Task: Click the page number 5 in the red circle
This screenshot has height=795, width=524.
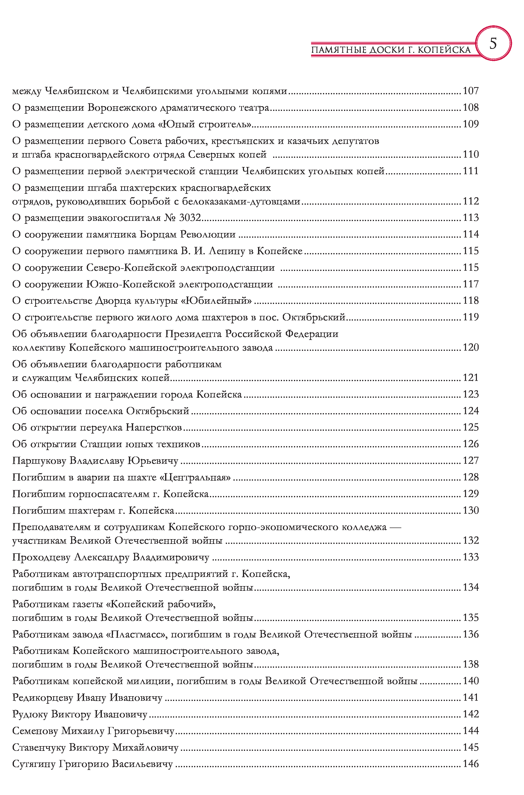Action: coord(493,43)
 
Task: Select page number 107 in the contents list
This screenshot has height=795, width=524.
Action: coord(470,91)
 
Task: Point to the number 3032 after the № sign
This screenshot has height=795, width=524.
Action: coord(190,218)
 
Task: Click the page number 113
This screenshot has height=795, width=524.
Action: coord(470,218)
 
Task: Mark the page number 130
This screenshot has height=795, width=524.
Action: coord(470,510)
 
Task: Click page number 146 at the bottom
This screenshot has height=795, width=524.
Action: coord(470,764)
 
